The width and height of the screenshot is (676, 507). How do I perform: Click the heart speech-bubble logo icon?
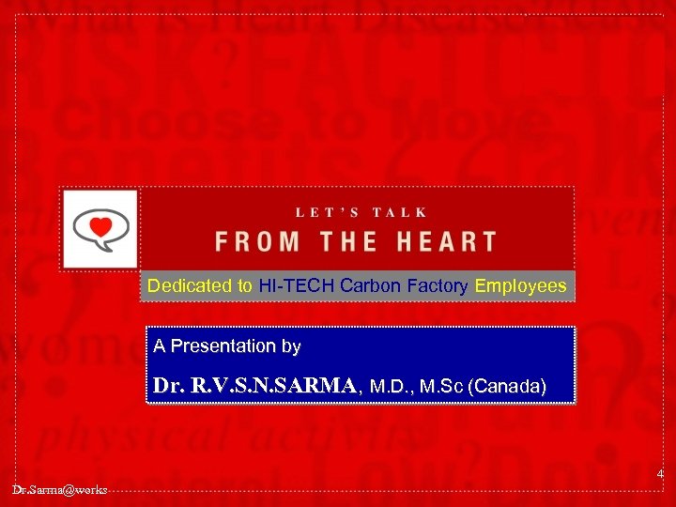[99, 229]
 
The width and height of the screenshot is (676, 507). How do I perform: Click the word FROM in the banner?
[256, 241]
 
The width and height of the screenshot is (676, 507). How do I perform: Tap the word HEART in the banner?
[446, 241]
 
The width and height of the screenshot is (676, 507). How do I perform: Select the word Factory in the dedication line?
[438, 286]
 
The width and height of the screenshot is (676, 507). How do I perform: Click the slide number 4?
[660, 475]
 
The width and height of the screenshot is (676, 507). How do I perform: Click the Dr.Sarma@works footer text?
[59, 490]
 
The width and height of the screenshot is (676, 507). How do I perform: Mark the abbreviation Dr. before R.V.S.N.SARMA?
[166, 385]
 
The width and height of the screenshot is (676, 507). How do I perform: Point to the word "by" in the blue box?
[291, 346]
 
